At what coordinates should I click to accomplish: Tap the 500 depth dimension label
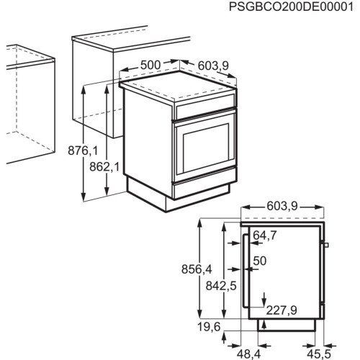[x=150, y=66]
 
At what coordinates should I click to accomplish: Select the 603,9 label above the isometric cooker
[x=212, y=66]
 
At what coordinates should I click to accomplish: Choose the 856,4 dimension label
[x=197, y=269]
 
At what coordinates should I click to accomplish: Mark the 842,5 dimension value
[x=220, y=285]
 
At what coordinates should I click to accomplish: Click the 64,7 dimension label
[x=265, y=235]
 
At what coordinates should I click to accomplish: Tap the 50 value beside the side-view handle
[x=260, y=260]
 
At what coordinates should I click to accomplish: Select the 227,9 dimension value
[x=282, y=310]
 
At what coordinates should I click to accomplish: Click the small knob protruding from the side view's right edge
[x=327, y=246]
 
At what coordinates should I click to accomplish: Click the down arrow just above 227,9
[x=265, y=298]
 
